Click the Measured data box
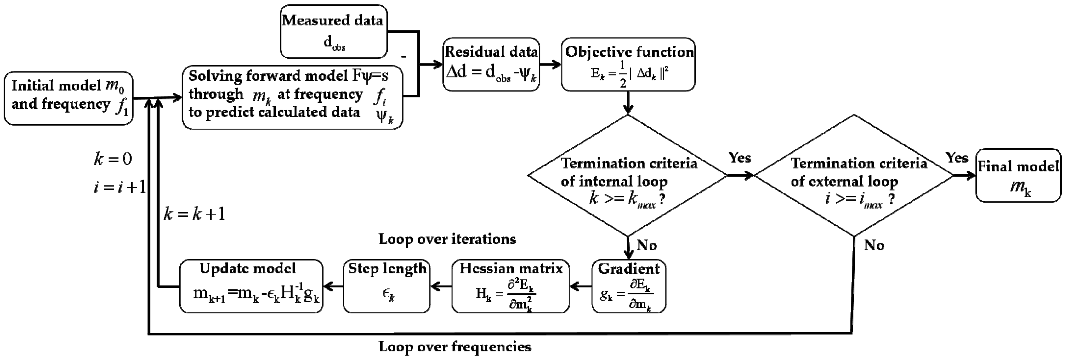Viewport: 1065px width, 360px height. [x=333, y=31]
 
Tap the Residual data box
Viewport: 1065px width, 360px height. [x=491, y=64]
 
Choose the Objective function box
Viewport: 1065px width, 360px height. [x=628, y=64]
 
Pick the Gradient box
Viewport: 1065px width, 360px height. [x=628, y=286]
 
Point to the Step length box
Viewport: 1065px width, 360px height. [x=386, y=286]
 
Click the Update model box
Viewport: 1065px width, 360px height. [x=251, y=286]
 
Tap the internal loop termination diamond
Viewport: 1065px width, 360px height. [x=628, y=176]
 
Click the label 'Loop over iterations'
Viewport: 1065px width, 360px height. [x=447, y=239]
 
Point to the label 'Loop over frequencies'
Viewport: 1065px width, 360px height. [x=455, y=346]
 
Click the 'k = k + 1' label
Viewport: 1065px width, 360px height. [x=194, y=214]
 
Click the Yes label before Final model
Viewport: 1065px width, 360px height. [x=957, y=157]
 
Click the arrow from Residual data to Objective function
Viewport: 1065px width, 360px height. [x=550, y=64]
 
